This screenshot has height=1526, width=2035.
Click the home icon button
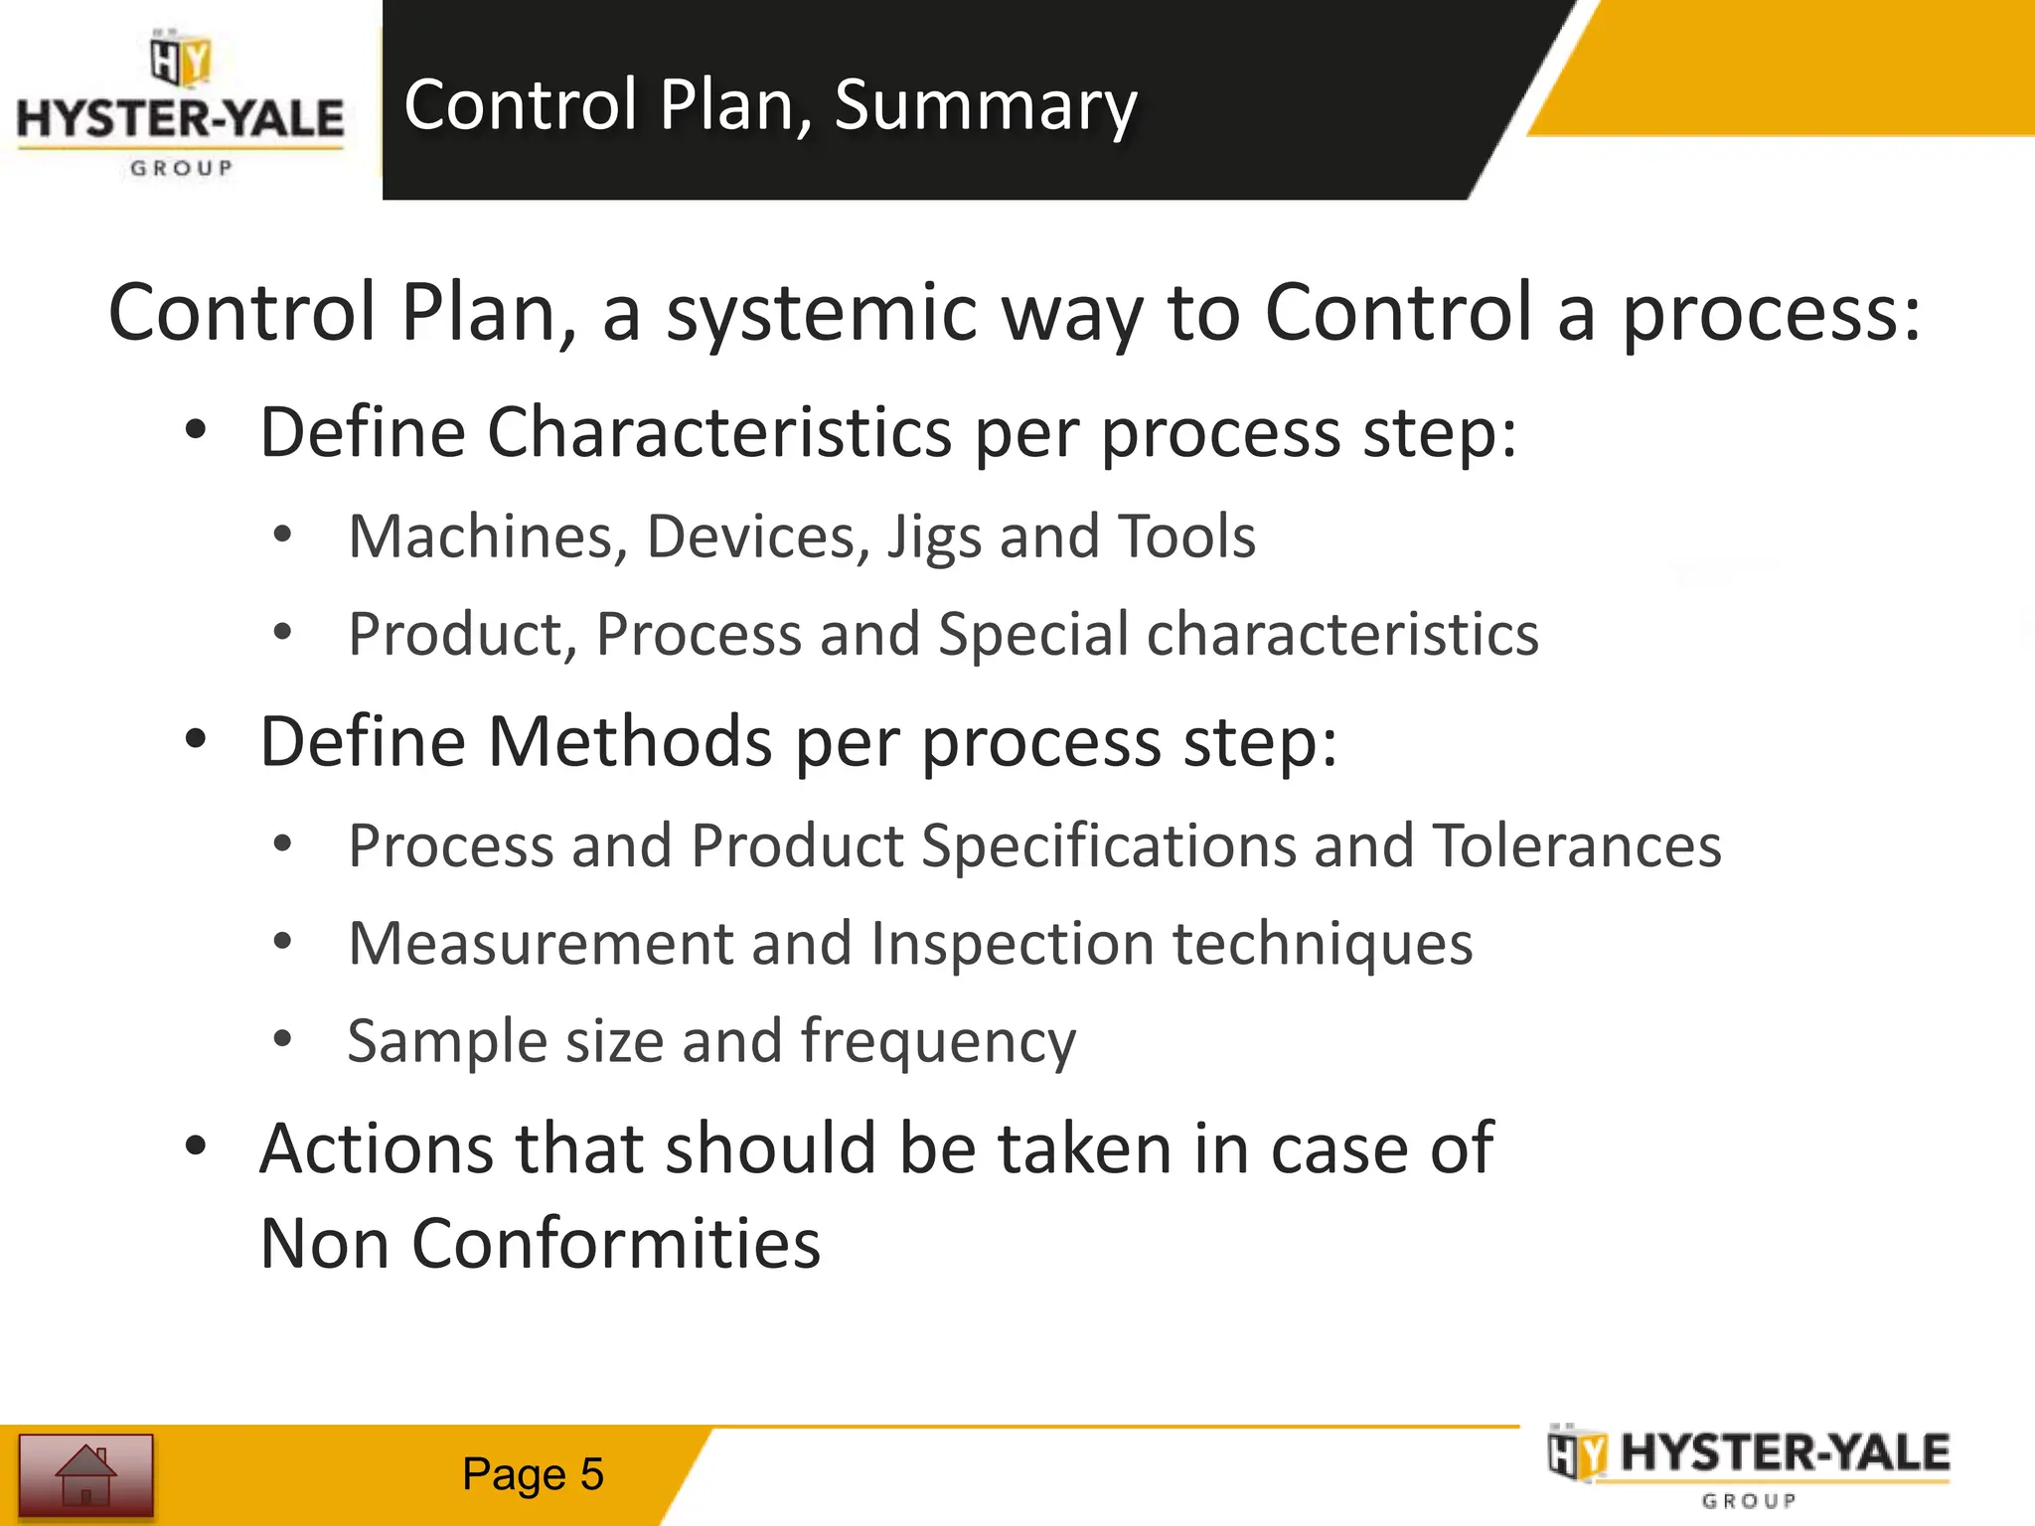click(85, 1474)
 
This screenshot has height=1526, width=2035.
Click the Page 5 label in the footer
click(533, 1474)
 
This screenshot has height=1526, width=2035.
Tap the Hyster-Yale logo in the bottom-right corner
click(1749, 1467)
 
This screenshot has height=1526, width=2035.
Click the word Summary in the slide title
click(985, 105)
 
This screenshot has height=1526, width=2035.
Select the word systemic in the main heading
click(821, 312)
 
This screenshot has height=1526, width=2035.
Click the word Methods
click(630, 741)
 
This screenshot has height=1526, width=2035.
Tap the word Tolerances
click(1577, 845)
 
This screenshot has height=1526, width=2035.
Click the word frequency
click(938, 1042)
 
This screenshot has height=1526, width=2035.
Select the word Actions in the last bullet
click(377, 1148)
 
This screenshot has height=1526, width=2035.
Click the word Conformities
click(616, 1244)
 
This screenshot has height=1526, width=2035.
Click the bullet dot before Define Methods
click(196, 739)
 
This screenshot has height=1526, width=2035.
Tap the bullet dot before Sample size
click(283, 1039)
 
